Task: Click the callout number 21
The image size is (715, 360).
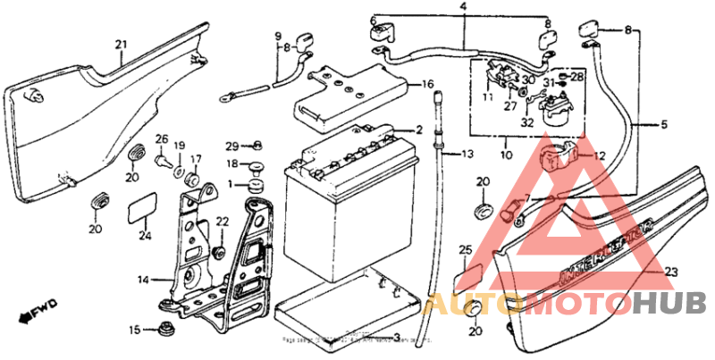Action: [x=122, y=44]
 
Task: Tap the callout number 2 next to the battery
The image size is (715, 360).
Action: [x=418, y=130]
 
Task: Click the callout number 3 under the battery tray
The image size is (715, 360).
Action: [x=397, y=339]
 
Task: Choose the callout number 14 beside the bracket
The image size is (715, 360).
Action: [x=142, y=280]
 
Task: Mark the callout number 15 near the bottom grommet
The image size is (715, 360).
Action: [x=133, y=330]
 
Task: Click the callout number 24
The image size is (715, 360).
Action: [x=146, y=236]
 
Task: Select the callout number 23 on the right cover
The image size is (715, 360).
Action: [x=672, y=272]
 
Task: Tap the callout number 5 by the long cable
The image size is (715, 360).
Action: [x=664, y=125]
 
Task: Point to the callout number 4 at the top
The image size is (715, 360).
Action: [x=463, y=7]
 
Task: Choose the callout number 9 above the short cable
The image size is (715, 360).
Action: [x=277, y=35]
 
